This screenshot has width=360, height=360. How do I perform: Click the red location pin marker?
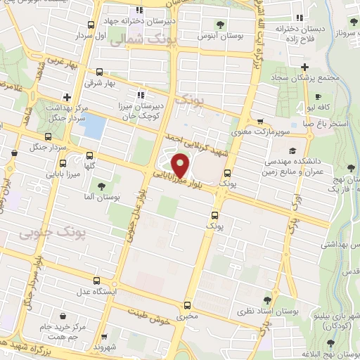tap(181, 165)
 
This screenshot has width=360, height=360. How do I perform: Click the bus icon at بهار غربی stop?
tap(99, 72)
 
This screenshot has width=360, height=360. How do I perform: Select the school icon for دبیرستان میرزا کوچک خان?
tap(141, 94)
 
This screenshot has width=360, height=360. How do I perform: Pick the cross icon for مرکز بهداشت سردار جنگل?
tap(66, 97)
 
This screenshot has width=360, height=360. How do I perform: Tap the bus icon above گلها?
tap(89, 155)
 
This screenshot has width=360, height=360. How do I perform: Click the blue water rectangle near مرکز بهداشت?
tap(94, 126)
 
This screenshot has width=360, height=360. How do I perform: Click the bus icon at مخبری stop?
tap(187, 305)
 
